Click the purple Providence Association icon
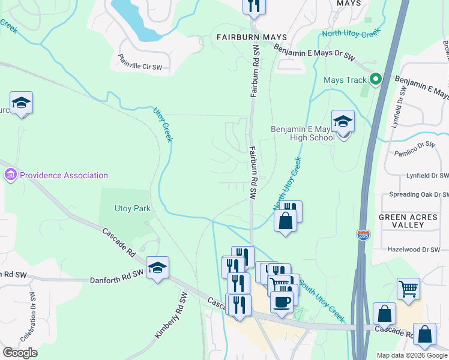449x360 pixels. click(10, 175)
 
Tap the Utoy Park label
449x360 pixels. click(132, 209)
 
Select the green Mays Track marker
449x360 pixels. click(376, 79)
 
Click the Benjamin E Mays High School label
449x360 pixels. click(303, 133)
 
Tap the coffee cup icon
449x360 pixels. click(281, 301)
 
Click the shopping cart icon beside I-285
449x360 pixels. click(408, 289)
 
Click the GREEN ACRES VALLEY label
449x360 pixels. click(409, 220)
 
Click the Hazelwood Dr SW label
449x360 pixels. click(414, 249)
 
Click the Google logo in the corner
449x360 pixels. click(20, 353)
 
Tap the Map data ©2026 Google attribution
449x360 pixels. click(412, 355)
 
